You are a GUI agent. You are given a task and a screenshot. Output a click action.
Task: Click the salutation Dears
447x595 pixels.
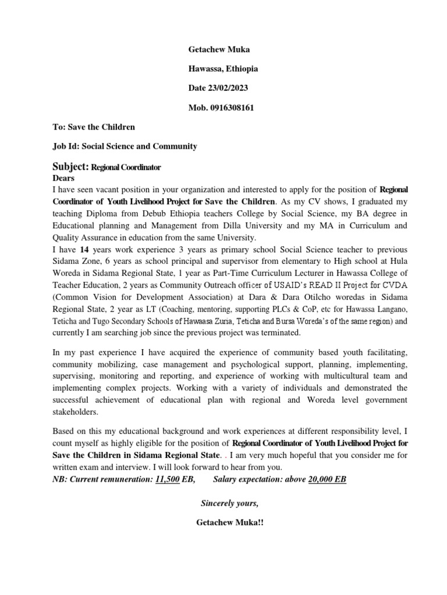pos(64,178)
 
